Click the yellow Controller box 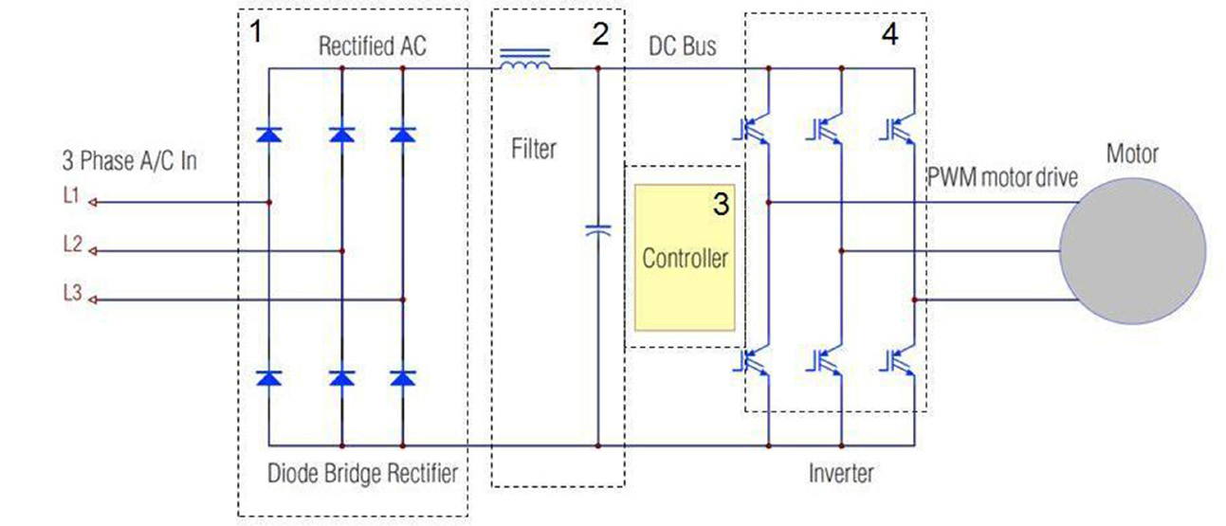point(685,258)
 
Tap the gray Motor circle point(1132,251)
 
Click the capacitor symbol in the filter point(598,230)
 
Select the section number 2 point(599,34)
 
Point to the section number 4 point(889,34)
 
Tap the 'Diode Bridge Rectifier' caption point(363,473)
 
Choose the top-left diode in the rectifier point(269,135)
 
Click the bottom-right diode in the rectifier point(403,378)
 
